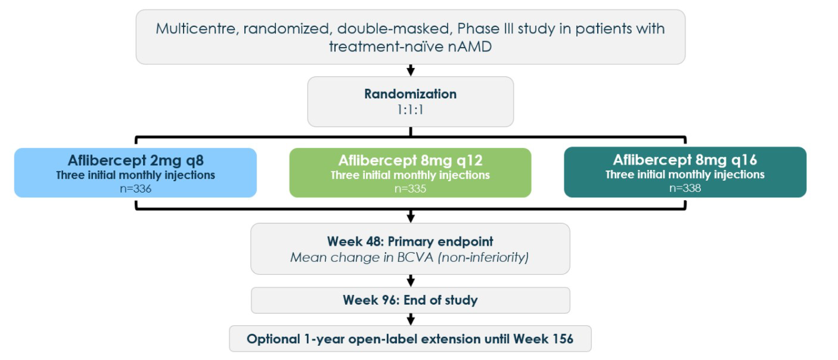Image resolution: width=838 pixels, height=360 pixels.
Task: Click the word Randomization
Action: pyautogui.click(x=410, y=94)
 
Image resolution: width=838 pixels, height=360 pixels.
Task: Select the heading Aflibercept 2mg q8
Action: pyautogui.click(x=135, y=160)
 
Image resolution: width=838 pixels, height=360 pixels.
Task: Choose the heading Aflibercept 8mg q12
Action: pyautogui.click(x=410, y=160)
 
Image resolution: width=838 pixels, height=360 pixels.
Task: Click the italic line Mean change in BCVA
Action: pyautogui.click(x=409, y=257)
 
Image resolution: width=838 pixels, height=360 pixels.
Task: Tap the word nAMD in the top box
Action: pyautogui.click(x=469, y=46)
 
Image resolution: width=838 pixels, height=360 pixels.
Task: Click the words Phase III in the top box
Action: pyautogui.click(x=485, y=29)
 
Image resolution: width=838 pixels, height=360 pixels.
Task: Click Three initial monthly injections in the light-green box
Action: pyautogui.click(x=410, y=175)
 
